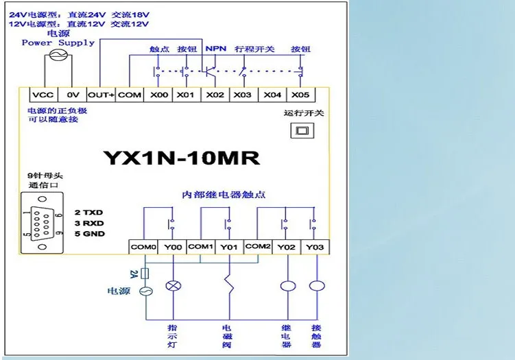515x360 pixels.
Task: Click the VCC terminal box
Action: (40, 95)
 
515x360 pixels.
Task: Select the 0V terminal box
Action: (71, 95)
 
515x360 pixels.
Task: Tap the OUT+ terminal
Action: (101, 95)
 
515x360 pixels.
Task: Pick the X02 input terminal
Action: (215, 95)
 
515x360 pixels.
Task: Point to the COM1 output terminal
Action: (200, 246)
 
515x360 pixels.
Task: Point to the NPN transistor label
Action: (216, 49)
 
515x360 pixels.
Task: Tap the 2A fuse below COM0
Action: (143, 273)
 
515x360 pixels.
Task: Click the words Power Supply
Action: (58, 43)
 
